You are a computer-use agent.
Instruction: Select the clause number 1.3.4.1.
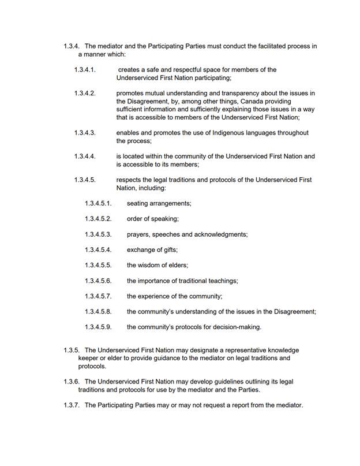(x=85, y=70)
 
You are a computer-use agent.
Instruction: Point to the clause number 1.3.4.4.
(x=85, y=156)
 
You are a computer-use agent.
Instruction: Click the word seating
(x=139, y=203)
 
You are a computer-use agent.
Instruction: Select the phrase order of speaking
(x=153, y=219)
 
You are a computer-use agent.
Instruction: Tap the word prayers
(x=140, y=234)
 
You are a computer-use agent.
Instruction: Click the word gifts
(x=168, y=249)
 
